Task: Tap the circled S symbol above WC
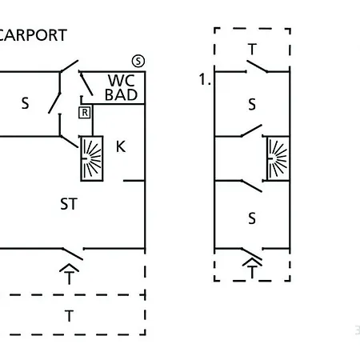[138, 62]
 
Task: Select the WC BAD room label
[122, 87]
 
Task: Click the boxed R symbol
[85, 113]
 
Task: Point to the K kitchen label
[121, 146]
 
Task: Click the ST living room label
[69, 204]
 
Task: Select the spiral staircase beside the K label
[92, 158]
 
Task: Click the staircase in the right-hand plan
[278, 158]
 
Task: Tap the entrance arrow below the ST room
[70, 274]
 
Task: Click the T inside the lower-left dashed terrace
[69, 316]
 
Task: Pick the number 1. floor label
[205, 79]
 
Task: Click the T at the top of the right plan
[252, 49]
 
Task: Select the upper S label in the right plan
[252, 104]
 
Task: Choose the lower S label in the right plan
[252, 218]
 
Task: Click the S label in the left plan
[25, 103]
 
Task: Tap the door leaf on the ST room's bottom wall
[73, 254]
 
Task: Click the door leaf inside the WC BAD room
[86, 83]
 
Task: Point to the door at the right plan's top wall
[257, 66]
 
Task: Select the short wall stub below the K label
[134, 181]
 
